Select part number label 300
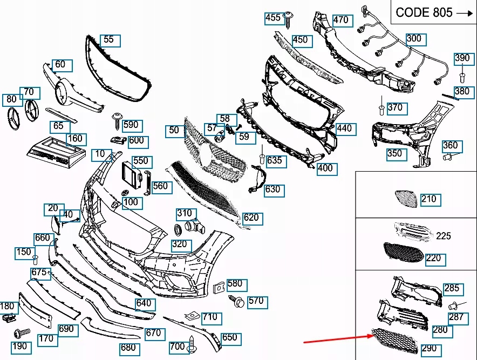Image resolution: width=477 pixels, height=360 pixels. point(414,39)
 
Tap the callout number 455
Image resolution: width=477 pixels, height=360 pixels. point(273,18)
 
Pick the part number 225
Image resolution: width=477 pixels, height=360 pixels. point(444,236)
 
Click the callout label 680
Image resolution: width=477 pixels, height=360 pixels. point(128,348)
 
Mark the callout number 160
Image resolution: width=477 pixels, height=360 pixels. point(75,139)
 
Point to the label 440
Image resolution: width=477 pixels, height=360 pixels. point(344,128)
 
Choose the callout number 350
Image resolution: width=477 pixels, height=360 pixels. point(394,153)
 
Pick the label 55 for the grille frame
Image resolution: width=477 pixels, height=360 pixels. point(109,39)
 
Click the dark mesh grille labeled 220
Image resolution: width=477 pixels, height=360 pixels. point(404,251)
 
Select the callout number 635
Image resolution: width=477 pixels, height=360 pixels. point(274,160)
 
